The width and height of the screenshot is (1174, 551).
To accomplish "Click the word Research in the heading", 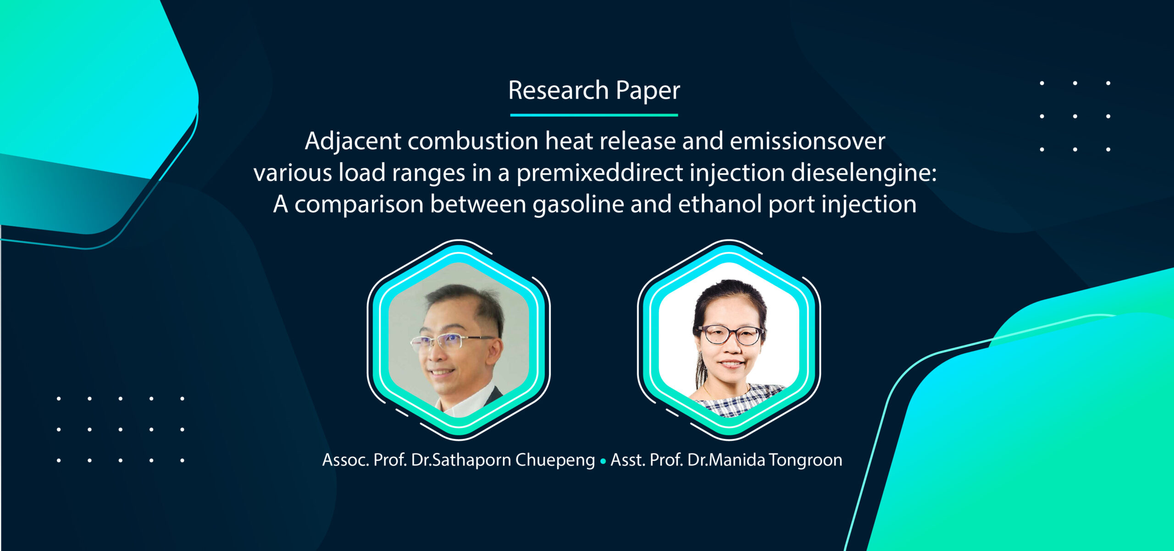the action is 558,90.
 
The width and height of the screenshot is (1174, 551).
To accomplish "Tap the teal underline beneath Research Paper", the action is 594,115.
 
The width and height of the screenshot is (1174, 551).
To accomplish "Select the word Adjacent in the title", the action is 353,141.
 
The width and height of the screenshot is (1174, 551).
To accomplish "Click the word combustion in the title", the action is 473,141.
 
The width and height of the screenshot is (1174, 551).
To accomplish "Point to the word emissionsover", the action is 807,141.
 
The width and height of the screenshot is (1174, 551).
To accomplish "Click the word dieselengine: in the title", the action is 864,173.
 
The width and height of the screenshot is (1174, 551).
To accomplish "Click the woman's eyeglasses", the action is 730,334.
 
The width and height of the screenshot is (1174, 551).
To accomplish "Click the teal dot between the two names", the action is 603,461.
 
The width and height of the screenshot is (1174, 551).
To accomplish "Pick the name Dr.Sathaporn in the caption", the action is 461,460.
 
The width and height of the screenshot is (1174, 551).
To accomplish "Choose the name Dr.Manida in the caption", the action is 726,460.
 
